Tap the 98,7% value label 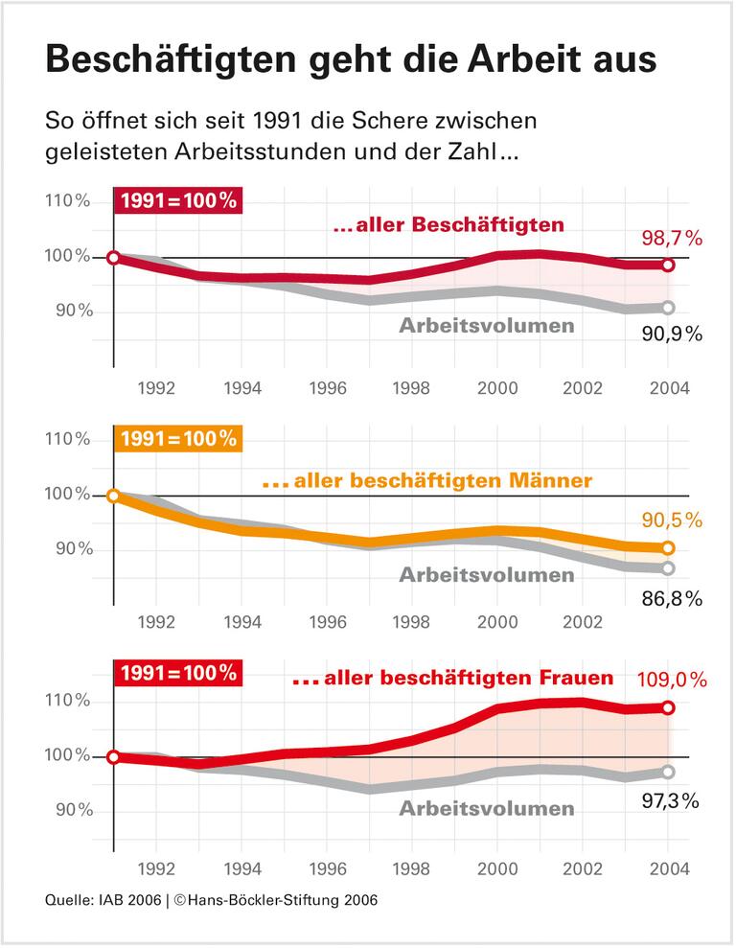pos(672,238)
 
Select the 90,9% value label pos(672,334)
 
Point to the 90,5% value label pos(672,520)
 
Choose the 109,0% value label pos(671,681)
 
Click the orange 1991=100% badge pos(178,439)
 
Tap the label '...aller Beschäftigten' pos(448,226)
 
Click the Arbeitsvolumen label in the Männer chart pos(487,575)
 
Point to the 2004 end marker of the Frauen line pos(668,707)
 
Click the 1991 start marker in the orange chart pos(113,496)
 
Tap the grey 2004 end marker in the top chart pos(668,308)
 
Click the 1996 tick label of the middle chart pos(327,621)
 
